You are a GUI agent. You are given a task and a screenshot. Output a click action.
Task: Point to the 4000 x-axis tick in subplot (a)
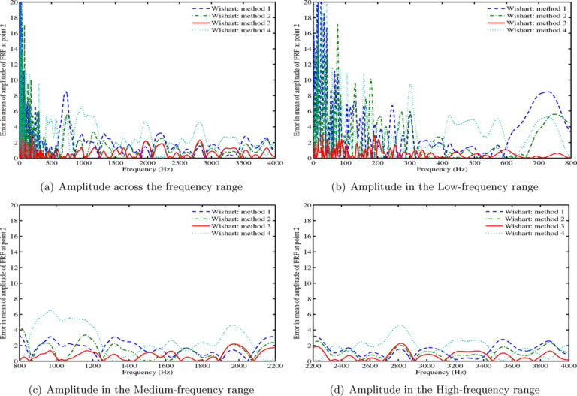276,163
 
